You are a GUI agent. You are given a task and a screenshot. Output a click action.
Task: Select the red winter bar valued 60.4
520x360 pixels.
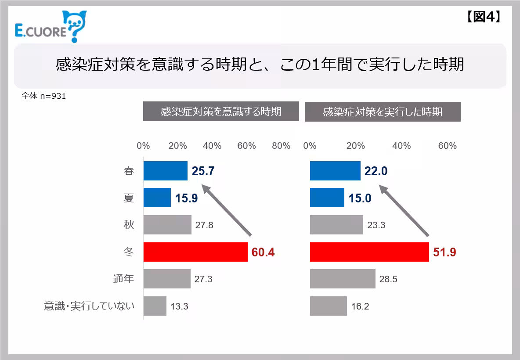(x=195, y=252)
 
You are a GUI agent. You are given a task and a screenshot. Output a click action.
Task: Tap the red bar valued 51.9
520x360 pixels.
(x=369, y=252)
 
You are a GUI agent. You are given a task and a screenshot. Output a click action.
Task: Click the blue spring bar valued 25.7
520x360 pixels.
(x=166, y=171)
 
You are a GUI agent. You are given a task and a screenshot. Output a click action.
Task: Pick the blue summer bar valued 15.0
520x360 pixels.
(x=327, y=198)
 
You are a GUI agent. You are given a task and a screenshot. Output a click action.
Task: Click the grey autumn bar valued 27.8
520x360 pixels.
(x=167, y=225)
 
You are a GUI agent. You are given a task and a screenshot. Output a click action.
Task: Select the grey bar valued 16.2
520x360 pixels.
(x=329, y=306)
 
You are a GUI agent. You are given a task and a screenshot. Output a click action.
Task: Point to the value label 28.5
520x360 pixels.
(x=388, y=279)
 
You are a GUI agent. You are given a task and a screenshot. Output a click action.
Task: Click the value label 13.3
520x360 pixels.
(x=179, y=306)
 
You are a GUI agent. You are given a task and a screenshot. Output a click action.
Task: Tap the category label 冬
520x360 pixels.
(x=129, y=252)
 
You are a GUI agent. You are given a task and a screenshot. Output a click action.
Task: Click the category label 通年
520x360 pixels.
(x=123, y=279)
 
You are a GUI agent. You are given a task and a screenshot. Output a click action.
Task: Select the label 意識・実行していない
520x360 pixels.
(x=89, y=306)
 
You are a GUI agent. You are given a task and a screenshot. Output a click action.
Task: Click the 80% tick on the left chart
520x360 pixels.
(x=281, y=146)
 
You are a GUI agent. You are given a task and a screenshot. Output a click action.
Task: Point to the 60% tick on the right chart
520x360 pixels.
(x=447, y=146)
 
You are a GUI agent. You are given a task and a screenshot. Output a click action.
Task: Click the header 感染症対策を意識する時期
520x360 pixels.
(x=221, y=112)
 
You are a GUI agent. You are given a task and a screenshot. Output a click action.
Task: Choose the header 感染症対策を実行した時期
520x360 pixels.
(x=383, y=112)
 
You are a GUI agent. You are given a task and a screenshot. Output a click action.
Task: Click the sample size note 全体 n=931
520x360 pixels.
(x=43, y=96)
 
